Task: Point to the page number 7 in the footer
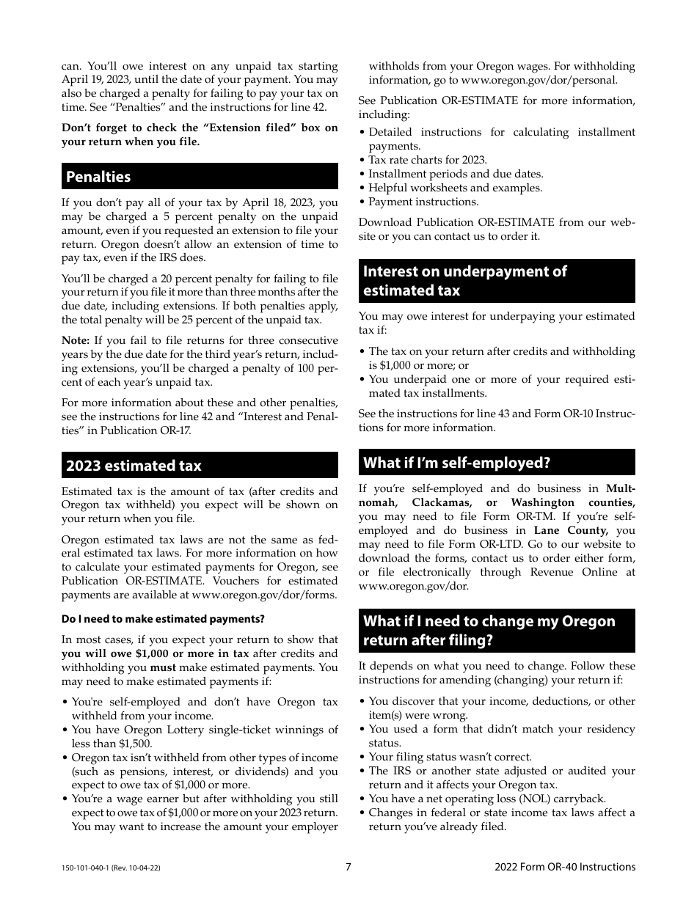pyautogui.click(x=348, y=867)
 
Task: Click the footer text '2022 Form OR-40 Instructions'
pyautogui.click(x=565, y=867)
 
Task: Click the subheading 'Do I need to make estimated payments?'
pyautogui.click(x=163, y=620)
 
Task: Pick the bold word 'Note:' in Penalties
pyautogui.click(x=76, y=340)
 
